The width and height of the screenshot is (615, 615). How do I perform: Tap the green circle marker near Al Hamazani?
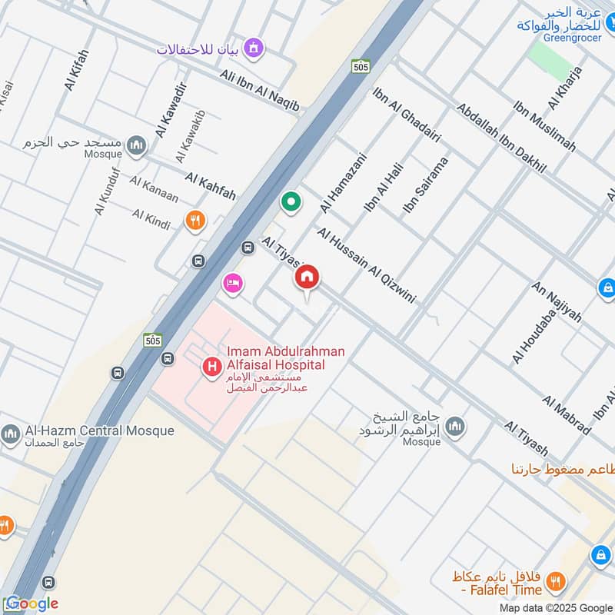(x=291, y=203)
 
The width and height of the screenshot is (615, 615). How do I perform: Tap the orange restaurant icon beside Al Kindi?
(x=195, y=221)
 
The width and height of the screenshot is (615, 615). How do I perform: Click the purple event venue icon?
(x=254, y=49)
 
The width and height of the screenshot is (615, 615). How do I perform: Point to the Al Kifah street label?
(x=78, y=71)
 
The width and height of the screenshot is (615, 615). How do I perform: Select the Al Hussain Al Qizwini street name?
(x=366, y=265)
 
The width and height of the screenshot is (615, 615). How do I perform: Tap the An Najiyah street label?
(x=557, y=302)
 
